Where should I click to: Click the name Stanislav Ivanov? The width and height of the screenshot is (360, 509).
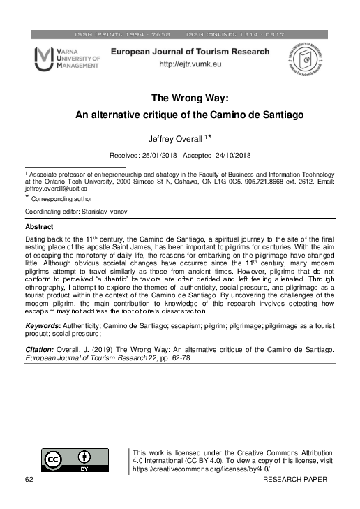[103, 210]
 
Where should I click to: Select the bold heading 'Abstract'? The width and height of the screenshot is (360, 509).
[39, 228]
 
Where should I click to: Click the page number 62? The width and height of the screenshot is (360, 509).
[29, 480]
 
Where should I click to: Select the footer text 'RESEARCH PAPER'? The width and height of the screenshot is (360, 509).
[297, 480]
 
